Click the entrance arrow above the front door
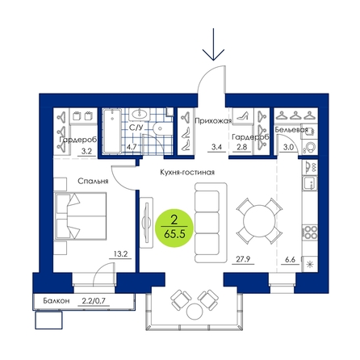(x=213, y=44)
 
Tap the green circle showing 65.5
(x=174, y=228)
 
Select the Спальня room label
(x=93, y=181)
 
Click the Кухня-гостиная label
(x=187, y=172)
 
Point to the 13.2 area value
(x=120, y=253)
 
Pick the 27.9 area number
(x=243, y=259)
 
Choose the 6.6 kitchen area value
(x=290, y=260)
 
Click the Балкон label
(x=57, y=301)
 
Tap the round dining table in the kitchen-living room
(x=259, y=221)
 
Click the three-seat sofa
(x=211, y=223)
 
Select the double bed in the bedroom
(x=80, y=216)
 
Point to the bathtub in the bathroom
(x=112, y=131)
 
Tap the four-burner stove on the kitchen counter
(x=310, y=232)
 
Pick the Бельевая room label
(x=291, y=130)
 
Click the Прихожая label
(x=213, y=121)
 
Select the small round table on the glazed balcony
(x=195, y=312)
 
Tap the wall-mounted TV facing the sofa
(x=147, y=223)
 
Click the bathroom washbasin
(x=140, y=114)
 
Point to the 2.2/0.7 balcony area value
(x=94, y=301)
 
